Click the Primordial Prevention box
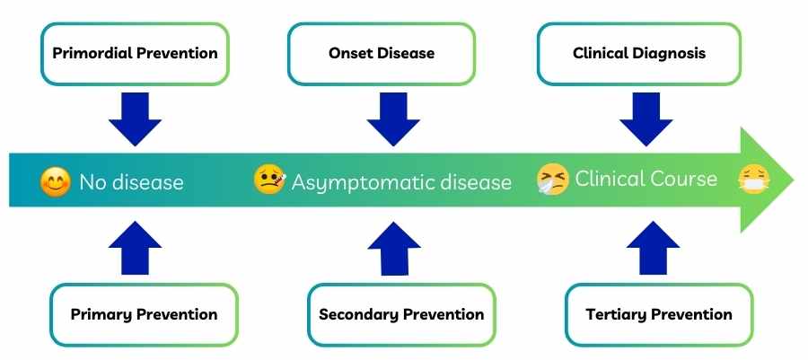point(135,54)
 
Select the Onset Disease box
point(381,54)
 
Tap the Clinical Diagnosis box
point(638,54)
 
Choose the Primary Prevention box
point(144,314)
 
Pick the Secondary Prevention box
point(401,314)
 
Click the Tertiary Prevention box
point(658,314)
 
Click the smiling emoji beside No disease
point(56,182)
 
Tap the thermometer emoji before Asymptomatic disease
point(269,180)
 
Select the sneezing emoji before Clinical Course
point(552,180)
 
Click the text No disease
point(131,182)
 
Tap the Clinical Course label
point(646,179)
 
